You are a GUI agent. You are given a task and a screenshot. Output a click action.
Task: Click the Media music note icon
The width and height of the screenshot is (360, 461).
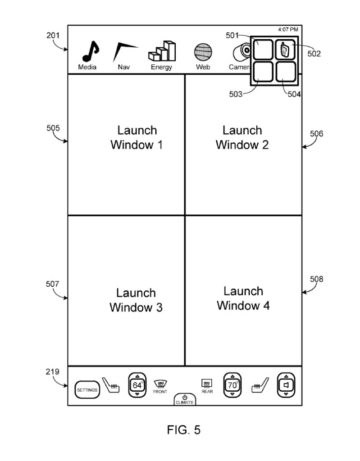(91, 51)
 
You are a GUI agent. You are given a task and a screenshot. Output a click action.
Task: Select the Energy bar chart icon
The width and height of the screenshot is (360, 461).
(162, 51)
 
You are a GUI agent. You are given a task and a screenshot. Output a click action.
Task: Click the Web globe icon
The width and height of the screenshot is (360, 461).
(203, 52)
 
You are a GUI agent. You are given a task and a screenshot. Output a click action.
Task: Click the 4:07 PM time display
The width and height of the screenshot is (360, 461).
(288, 29)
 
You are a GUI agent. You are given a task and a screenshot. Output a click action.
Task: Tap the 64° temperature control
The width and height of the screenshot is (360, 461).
(137, 385)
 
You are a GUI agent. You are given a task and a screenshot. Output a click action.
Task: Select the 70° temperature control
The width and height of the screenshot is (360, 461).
(232, 385)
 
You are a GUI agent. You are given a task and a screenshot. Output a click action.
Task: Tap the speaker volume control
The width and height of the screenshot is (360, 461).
(286, 385)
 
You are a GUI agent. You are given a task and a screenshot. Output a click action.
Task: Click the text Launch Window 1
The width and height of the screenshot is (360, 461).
(137, 138)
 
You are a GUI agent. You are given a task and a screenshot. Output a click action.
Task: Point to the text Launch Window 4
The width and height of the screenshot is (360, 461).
(243, 298)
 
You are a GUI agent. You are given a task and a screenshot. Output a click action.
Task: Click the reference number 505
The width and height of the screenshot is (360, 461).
(53, 128)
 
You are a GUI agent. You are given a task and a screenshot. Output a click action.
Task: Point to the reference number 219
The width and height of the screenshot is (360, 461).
(52, 371)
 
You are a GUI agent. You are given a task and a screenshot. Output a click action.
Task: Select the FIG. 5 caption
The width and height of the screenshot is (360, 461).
(184, 430)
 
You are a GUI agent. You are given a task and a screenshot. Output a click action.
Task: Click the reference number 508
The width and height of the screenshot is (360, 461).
(316, 279)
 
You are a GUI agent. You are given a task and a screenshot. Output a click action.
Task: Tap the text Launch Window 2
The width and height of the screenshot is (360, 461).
(242, 138)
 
